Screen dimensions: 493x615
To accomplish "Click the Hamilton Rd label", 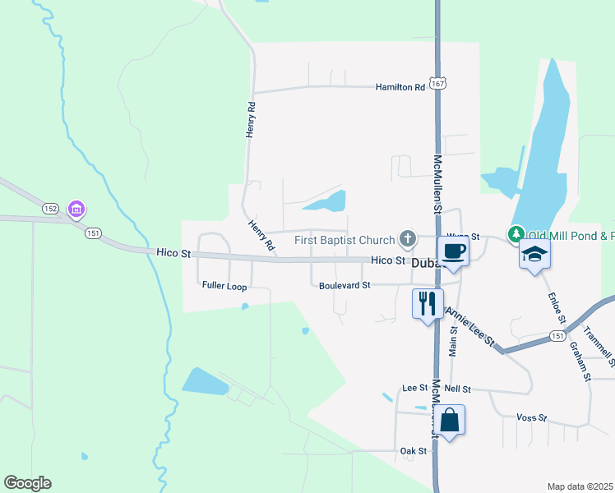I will click(x=400, y=86).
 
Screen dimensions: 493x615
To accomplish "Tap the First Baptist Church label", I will click(x=345, y=240).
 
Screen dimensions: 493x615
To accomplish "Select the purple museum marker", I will click(x=76, y=210).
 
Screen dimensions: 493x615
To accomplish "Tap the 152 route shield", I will click(x=51, y=209).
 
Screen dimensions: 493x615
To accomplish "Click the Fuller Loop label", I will click(x=224, y=286).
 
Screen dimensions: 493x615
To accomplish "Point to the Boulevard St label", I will click(x=345, y=285).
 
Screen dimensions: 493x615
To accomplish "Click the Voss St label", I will click(x=532, y=418).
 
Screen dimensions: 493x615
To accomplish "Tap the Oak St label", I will click(x=414, y=451).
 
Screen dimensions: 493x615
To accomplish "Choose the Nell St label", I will click(x=457, y=388).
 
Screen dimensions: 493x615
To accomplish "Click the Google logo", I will click(x=27, y=483).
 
